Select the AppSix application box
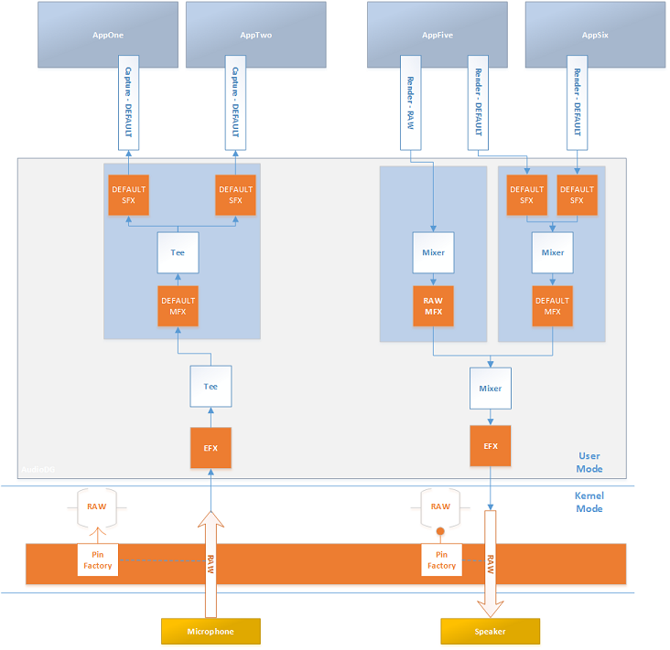pyautogui.click(x=594, y=35)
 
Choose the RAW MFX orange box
pyautogui.click(x=432, y=306)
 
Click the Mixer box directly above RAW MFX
pyautogui.click(x=432, y=252)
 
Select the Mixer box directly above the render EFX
pyautogui.click(x=490, y=389)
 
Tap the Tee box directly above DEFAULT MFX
pyautogui.click(x=178, y=252)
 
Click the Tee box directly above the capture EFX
pyautogui.click(x=211, y=386)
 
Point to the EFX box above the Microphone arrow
pyautogui.click(x=211, y=447)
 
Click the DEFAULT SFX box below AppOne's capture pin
pyautogui.click(x=127, y=195)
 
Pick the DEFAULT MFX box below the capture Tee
pyautogui.click(x=178, y=306)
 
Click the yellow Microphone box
pyautogui.click(x=211, y=632)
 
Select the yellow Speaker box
pyautogui.click(x=490, y=632)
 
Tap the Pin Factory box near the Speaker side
pyautogui.click(x=441, y=560)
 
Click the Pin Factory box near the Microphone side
pyautogui.click(x=98, y=560)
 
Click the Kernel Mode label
pyautogui.click(x=589, y=501)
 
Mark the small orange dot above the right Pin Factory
pyautogui.click(x=440, y=531)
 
